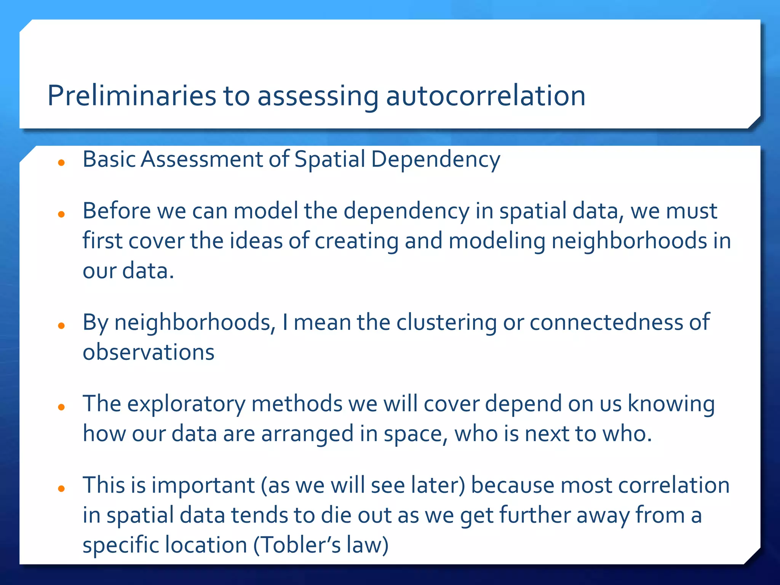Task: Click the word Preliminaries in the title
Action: click(132, 96)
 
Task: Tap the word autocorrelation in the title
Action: click(486, 96)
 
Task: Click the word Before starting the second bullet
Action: click(117, 211)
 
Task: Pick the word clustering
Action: click(446, 323)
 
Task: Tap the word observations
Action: click(149, 352)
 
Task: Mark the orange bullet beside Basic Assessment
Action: click(61, 163)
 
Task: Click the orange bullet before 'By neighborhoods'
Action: click(61, 326)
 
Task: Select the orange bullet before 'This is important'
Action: click(61, 489)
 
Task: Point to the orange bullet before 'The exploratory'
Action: click(61, 408)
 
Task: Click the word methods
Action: click(297, 404)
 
